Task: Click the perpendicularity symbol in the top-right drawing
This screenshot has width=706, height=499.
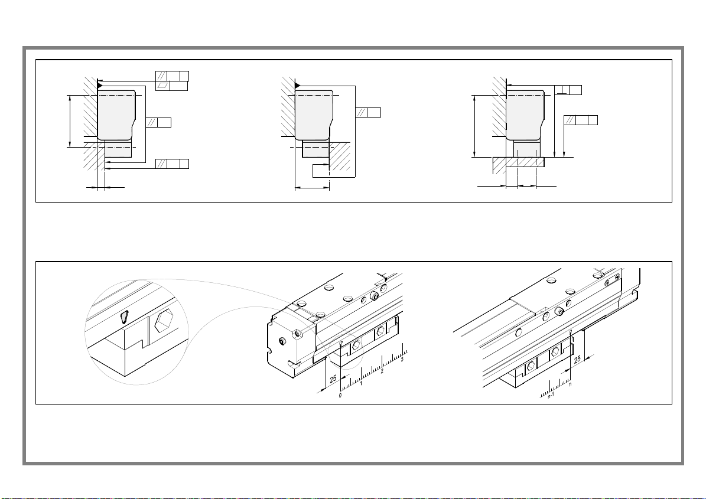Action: coord(561,90)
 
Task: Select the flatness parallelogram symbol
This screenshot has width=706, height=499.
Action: coord(162,86)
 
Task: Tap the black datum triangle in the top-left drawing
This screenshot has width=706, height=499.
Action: coord(100,85)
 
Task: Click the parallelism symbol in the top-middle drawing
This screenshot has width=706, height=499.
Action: coord(361,112)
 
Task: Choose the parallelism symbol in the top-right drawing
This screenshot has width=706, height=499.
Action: coord(570,120)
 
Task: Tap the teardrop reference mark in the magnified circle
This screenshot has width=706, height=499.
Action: coord(124,318)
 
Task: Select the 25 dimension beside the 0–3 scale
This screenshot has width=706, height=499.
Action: coord(333,379)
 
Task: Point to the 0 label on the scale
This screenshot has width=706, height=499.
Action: coord(340,396)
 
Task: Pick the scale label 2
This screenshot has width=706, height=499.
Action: coord(382,371)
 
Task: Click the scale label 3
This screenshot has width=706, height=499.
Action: coord(402,360)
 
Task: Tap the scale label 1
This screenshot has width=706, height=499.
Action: coord(361,383)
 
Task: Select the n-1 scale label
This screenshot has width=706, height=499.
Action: coord(551,396)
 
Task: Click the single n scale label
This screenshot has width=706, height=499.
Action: coord(570,384)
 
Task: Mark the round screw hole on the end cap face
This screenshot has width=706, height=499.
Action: coord(281,341)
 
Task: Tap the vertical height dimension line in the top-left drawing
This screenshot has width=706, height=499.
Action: coord(70,121)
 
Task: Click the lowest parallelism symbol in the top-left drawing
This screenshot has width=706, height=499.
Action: coord(161,164)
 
